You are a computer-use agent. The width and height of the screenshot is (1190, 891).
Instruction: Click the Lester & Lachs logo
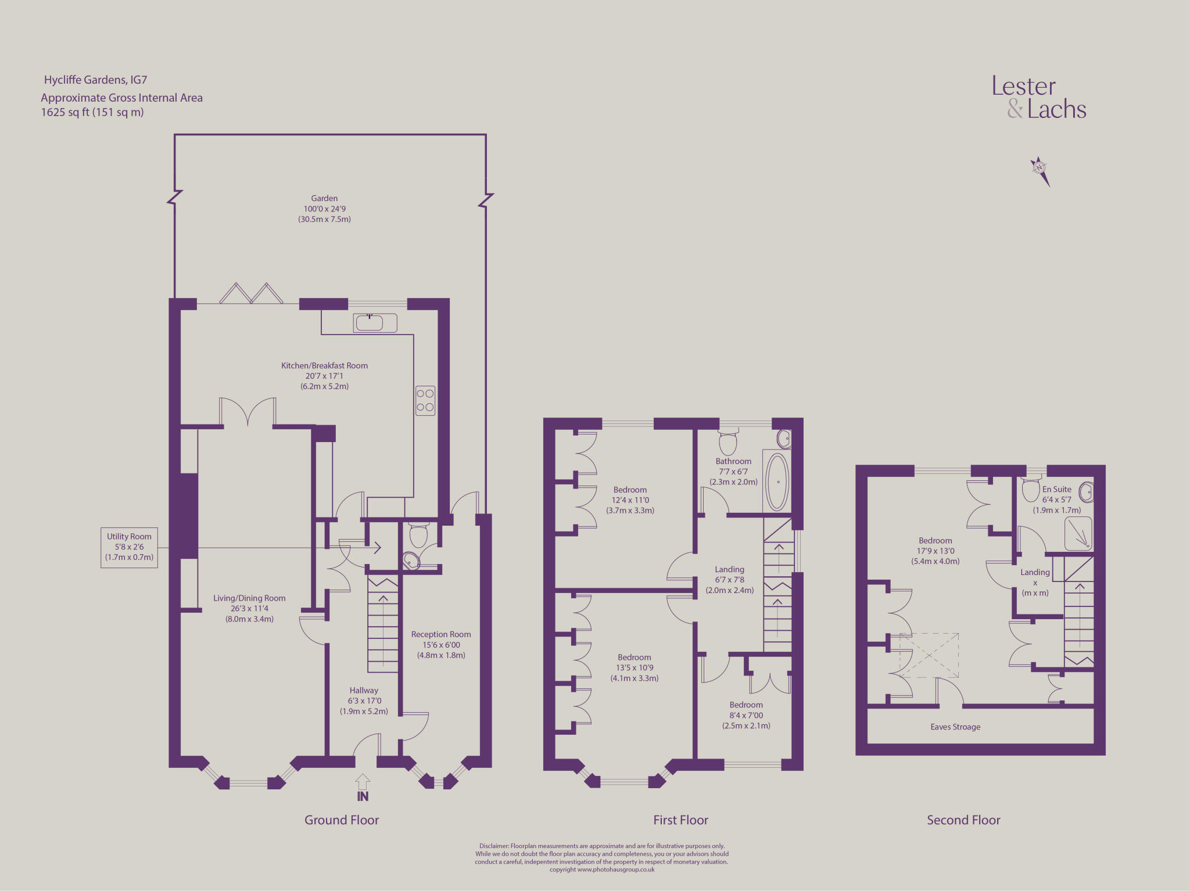click(x=1038, y=98)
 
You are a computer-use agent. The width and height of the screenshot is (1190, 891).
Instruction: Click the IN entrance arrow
click(x=363, y=788)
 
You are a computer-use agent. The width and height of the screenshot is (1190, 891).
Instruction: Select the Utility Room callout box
click(x=129, y=547)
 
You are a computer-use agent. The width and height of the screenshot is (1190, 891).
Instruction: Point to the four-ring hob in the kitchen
click(x=425, y=401)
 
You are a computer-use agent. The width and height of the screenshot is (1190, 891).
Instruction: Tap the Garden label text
click(x=324, y=199)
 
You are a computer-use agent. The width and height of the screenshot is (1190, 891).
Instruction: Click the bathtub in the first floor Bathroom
click(x=777, y=482)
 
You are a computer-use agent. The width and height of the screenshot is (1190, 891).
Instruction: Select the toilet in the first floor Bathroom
click(x=728, y=443)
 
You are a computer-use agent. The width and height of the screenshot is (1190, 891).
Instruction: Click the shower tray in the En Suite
click(x=1078, y=534)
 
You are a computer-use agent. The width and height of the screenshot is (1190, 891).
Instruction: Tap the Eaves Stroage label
click(x=955, y=727)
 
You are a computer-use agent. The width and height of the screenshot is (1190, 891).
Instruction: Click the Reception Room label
click(x=441, y=634)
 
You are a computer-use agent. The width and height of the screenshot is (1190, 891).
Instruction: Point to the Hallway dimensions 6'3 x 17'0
click(x=364, y=700)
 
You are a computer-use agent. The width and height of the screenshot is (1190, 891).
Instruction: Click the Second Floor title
click(x=963, y=820)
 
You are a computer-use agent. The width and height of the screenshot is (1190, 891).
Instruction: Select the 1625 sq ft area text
click(x=92, y=112)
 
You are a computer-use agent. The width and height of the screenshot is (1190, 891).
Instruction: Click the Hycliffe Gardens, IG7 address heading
click(x=95, y=80)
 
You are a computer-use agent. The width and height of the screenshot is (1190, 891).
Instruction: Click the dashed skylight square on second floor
click(x=929, y=655)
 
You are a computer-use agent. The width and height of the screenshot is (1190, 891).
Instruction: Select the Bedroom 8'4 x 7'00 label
click(x=746, y=715)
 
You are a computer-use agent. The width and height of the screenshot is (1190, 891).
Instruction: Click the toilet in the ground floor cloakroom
click(x=418, y=535)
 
